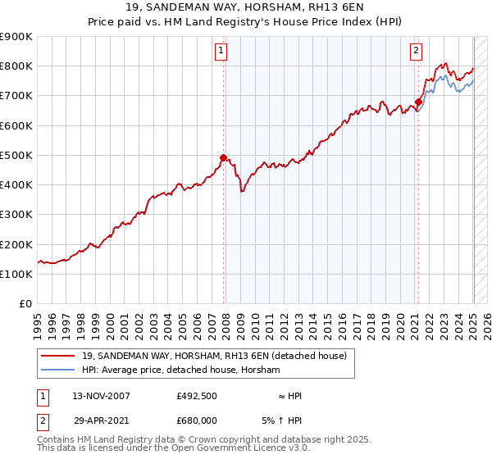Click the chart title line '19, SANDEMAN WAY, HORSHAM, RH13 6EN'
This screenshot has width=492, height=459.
pos(246,9)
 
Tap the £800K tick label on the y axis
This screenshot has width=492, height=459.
pos(16,66)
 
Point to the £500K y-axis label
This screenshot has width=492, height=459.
pos(16,155)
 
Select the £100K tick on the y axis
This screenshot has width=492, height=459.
pos(16,274)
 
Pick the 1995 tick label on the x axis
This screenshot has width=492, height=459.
pos(38,320)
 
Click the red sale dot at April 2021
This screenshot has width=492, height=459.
pos(418,102)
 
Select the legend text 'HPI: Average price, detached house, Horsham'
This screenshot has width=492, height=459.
pos(181,370)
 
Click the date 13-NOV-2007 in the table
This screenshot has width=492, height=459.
pos(101,396)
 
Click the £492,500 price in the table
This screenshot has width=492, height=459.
pos(197,396)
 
